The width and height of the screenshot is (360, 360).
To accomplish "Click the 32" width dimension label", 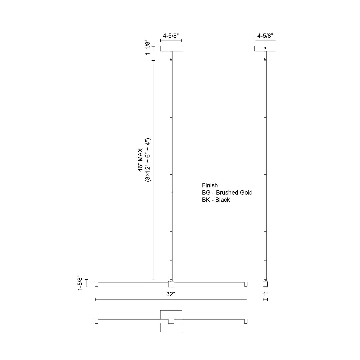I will (x=171, y=294).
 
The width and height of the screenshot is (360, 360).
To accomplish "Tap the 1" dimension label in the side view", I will (x=265, y=294).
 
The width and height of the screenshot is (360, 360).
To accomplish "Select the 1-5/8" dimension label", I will (x=80, y=283).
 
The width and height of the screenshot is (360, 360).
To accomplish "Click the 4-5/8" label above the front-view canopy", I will (x=171, y=35).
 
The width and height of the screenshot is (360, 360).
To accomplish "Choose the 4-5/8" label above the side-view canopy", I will (x=265, y=35).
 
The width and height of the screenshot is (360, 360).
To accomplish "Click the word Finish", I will (x=210, y=185).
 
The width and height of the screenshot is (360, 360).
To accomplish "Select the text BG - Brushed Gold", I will (x=227, y=193).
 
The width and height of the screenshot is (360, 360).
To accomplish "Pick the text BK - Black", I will (x=216, y=200).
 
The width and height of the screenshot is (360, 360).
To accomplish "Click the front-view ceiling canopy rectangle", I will (x=171, y=49).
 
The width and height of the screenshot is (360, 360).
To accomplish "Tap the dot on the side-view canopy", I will (x=265, y=48).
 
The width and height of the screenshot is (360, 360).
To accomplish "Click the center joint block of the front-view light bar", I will (x=171, y=284).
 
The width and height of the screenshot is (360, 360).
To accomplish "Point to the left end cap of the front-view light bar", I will (x=97, y=284).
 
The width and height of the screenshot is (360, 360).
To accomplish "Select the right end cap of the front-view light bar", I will (x=245, y=284).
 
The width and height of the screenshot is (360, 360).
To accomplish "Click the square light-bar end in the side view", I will (x=265, y=284).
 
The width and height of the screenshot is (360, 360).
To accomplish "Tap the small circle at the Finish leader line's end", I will (x=172, y=192).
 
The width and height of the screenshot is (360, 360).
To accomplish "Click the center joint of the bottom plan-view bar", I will (x=171, y=321).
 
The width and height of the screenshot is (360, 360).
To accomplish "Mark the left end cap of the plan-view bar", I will (x=97, y=321).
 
